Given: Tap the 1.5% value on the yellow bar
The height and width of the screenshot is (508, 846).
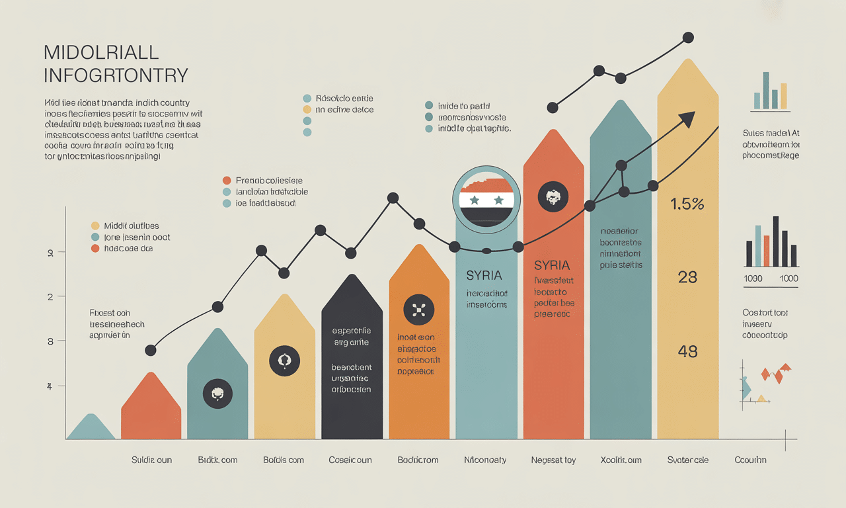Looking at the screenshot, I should [x=687, y=204].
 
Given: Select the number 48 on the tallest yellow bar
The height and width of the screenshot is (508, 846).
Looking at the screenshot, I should [x=687, y=351].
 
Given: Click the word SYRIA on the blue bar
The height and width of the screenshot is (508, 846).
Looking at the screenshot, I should [x=484, y=275].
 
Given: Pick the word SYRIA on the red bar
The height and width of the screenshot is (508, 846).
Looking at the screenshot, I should [x=552, y=265].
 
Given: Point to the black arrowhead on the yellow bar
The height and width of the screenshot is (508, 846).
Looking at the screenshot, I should [x=687, y=119].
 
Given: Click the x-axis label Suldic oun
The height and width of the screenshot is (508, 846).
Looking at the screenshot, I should [x=151, y=460].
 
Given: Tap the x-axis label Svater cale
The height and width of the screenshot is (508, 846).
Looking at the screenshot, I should [x=687, y=460].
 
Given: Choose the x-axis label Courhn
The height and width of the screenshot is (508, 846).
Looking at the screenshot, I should [x=750, y=460].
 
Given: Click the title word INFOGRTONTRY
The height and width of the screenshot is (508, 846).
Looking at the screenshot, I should [x=116, y=75].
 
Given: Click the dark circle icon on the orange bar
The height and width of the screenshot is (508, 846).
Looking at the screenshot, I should [x=418, y=309].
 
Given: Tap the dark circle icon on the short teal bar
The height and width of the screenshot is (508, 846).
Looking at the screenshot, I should [x=217, y=394].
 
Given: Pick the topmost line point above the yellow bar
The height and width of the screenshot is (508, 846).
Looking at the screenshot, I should [x=688, y=38].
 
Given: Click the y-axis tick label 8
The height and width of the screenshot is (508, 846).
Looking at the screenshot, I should [x=50, y=341].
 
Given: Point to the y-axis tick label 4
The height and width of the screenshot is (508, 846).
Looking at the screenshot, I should [x=50, y=386].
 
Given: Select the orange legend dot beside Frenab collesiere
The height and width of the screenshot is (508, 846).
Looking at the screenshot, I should [x=227, y=180].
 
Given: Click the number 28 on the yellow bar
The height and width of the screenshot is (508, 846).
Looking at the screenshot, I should [x=687, y=277].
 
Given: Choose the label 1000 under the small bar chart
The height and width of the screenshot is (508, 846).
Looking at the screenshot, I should [x=788, y=278].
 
